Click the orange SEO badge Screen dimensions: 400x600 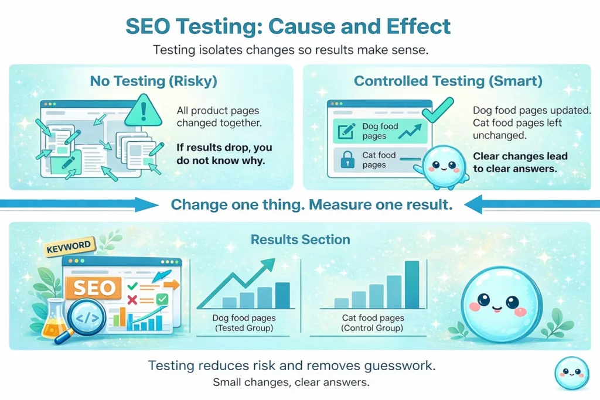(x=94, y=288)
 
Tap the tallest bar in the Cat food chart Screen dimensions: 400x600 (x=412, y=284)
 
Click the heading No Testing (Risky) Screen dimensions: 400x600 (x=154, y=81)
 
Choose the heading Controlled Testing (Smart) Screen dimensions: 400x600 (x=448, y=81)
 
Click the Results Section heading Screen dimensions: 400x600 (x=300, y=240)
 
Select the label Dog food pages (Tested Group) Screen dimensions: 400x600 (x=244, y=323)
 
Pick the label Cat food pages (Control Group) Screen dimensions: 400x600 (x=372, y=323)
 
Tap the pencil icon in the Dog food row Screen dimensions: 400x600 (x=346, y=131)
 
